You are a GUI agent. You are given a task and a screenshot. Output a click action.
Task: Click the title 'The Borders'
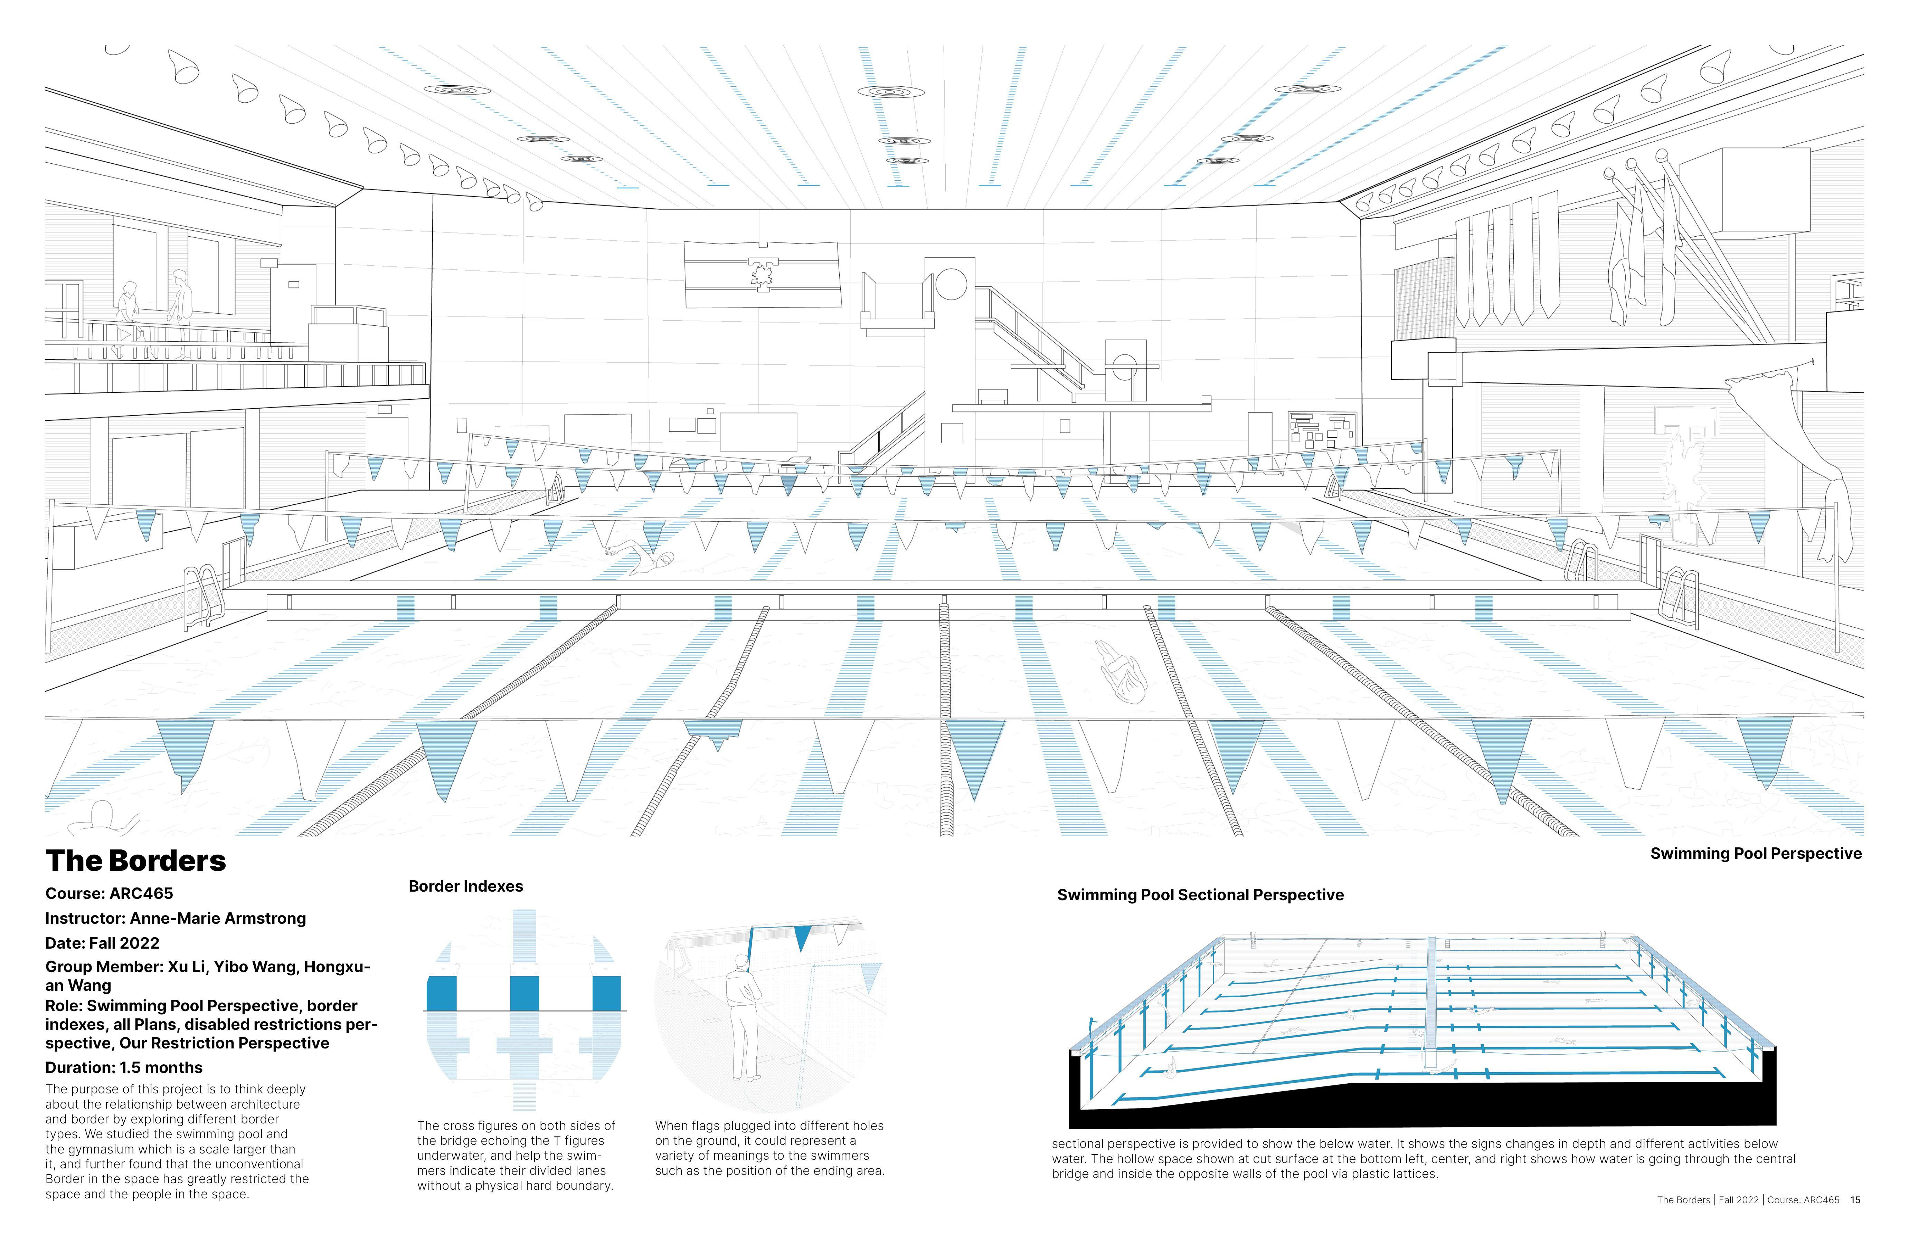pos(136,861)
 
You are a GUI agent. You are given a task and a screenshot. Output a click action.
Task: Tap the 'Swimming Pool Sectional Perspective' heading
pos(1200,895)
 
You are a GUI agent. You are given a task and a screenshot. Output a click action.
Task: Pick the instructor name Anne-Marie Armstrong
pos(218,918)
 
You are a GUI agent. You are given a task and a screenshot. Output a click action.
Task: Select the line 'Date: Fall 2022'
pos(102,943)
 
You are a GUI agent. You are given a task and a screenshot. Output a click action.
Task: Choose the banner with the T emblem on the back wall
pos(762,274)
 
